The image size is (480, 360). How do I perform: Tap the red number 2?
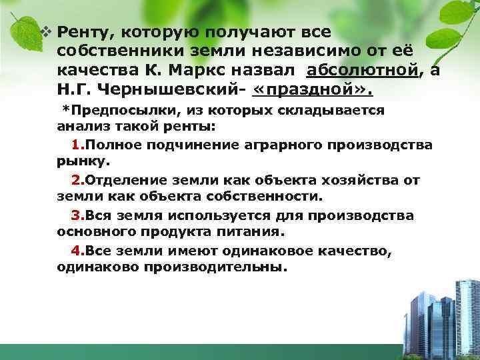point(75,181)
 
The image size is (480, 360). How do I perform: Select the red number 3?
point(75,216)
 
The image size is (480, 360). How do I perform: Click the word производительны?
point(219,267)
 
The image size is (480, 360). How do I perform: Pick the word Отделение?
point(129,181)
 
